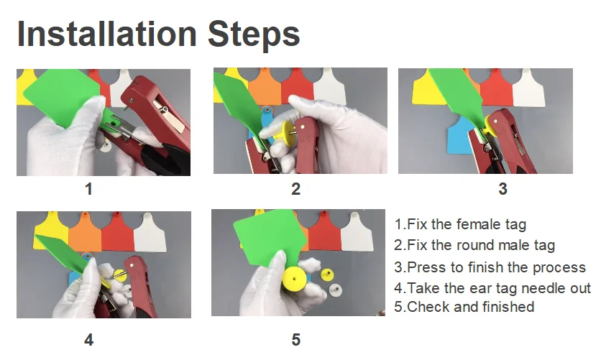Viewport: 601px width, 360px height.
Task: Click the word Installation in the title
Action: (x=107, y=34)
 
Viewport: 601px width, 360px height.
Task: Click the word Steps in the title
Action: (x=254, y=36)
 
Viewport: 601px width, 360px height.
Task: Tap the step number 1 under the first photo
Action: (x=88, y=189)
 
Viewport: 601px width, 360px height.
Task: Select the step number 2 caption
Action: (x=295, y=189)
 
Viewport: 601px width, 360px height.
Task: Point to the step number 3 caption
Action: (x=503, y=189)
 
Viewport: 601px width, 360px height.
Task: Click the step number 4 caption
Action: (x=88, y=340)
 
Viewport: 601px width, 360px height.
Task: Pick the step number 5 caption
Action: (x=295, y=340)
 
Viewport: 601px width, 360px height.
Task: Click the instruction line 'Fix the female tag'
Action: (x=460, y=224)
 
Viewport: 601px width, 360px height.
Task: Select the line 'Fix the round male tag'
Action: (x=474, y=246)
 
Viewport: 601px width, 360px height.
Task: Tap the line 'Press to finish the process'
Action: (x=490, y=267)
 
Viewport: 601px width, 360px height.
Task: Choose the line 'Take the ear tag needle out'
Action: (x=492, y=287)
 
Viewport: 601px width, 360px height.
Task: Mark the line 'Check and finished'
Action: (x=464, y=307)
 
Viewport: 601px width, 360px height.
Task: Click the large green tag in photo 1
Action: (x=61, y=96)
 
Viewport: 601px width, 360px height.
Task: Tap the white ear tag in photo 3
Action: (x=528, y=88)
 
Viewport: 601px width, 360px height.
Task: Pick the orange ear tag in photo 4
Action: (x=85, y=234)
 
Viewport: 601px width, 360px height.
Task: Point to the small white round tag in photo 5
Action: (x=336, y=290)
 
